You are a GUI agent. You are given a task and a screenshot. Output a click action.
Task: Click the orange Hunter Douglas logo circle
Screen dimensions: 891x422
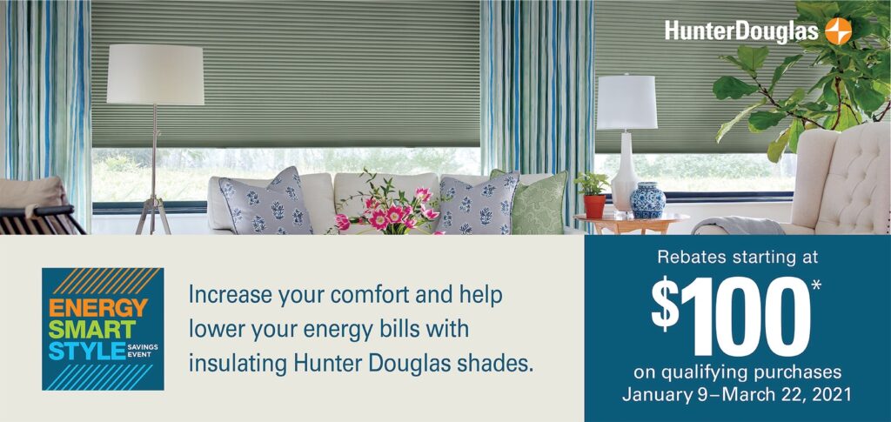tap(838, 30)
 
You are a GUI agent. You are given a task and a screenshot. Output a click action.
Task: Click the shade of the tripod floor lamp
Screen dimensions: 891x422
tap(155, 75)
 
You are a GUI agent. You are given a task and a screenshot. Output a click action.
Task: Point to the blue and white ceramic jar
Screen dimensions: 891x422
tap(647, 200)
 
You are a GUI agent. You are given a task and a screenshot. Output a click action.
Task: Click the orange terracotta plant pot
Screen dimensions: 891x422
tap(594, 206)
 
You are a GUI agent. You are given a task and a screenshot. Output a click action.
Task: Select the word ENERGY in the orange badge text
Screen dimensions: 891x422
tap(97, 308)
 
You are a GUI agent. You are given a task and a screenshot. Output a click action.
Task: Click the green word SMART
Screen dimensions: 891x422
tap(92, 330)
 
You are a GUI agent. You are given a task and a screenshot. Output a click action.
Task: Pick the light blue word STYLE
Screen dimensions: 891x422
tap(86, 351)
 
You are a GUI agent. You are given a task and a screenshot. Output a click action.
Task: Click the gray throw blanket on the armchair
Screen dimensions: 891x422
tap(738, 225)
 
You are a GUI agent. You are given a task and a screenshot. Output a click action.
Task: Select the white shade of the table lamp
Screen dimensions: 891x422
tap(626, 102)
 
